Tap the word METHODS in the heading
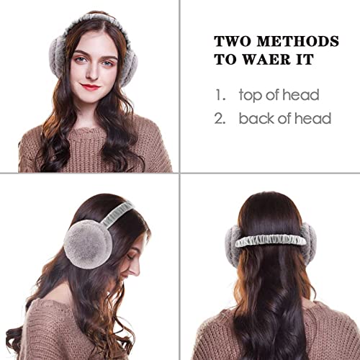click(x=298, y=42)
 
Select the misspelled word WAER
click(x=267, y=59)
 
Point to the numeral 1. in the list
click(x=220, y=95)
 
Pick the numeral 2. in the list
click(x=220, y=119)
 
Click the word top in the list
click(x=251, y=96)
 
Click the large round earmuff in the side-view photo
click(x=89, y=244)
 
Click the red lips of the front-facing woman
click(x=90, y=86)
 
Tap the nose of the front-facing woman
click(x=92, y=72)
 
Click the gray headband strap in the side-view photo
click(x=117, y=214)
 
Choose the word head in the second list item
click(x=312, y=118)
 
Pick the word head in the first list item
click(x=301, y=95)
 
